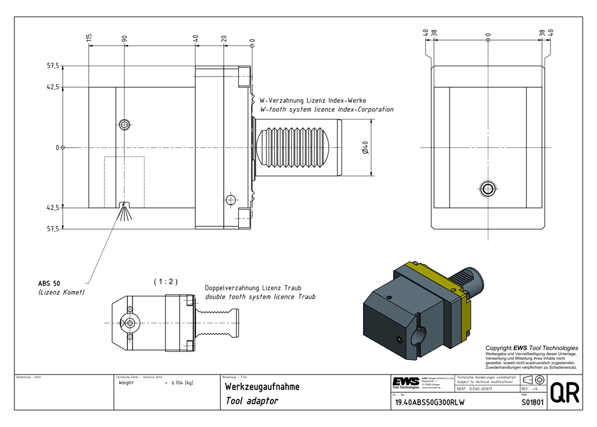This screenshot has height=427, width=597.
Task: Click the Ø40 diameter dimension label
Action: tap(365, 147)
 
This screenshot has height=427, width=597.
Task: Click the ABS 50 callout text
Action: tap(49, 282)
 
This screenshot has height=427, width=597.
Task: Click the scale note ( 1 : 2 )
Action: tap(165, 281)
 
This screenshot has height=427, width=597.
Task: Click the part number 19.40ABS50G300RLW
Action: tap(426, 403)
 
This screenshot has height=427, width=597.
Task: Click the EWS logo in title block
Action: tap(405, 382)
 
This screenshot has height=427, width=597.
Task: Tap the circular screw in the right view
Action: tap(488, 189)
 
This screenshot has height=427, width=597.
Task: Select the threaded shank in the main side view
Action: tap(298, 147)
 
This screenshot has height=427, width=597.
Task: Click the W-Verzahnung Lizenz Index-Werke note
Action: tap(312, 100)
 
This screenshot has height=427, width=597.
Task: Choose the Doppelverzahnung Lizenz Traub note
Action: tap(256, 287)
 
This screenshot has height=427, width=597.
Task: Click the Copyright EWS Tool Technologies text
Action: tap(531, 348)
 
